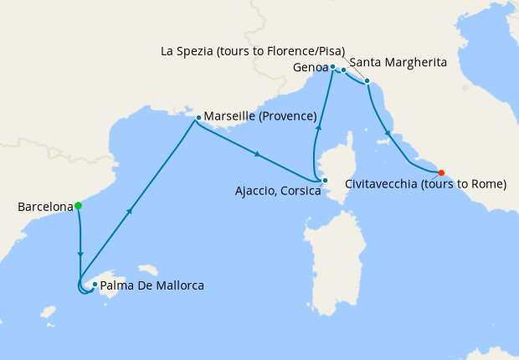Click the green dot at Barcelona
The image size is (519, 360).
(78, 205)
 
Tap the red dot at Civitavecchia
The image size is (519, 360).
(441, 173)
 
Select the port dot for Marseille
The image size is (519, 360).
(198, 118)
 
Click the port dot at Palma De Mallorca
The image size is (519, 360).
(95, 285)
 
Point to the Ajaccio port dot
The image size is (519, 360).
(325, 180)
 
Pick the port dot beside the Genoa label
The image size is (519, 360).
(332, 66)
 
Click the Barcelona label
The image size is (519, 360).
(44, 206)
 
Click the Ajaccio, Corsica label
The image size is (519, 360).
(279, 192)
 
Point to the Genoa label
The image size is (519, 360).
(310, 66)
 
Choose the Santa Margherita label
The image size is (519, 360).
(396, 63)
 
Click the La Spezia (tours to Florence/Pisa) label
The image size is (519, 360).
(252, 50)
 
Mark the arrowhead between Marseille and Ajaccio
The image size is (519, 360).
(257, 153)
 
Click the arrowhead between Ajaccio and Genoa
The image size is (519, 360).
(319, 126)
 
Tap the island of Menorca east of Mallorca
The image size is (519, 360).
(149, 270)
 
